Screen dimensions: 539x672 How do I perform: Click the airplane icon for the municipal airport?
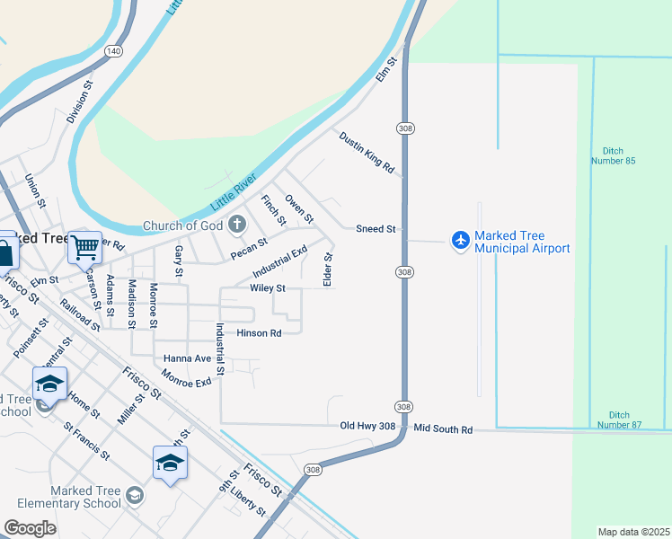[461, 240]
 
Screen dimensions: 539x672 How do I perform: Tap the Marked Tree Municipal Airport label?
[522, 242]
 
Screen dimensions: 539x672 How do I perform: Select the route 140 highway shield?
[113, 51]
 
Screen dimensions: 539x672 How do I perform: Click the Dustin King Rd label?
[367, 151]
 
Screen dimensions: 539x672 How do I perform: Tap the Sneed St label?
[376, 229]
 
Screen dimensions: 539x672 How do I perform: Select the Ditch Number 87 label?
[620, 419]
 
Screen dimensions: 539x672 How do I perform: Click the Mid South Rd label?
[443, 429]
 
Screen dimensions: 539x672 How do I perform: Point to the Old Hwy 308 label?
[367, 425]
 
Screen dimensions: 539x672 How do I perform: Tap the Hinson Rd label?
[259, 332]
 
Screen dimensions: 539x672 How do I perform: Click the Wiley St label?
[267, 288]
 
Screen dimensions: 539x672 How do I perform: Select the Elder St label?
[328, 269]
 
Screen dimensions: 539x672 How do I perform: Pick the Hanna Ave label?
[187, 358]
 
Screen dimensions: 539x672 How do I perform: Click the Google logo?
[31, 528]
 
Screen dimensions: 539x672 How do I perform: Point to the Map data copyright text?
[633, 532]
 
